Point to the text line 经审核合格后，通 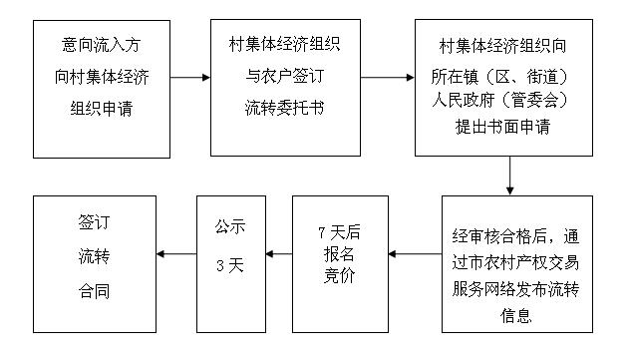515,237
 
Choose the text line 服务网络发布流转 515,289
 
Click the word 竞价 339,275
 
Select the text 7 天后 339,231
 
